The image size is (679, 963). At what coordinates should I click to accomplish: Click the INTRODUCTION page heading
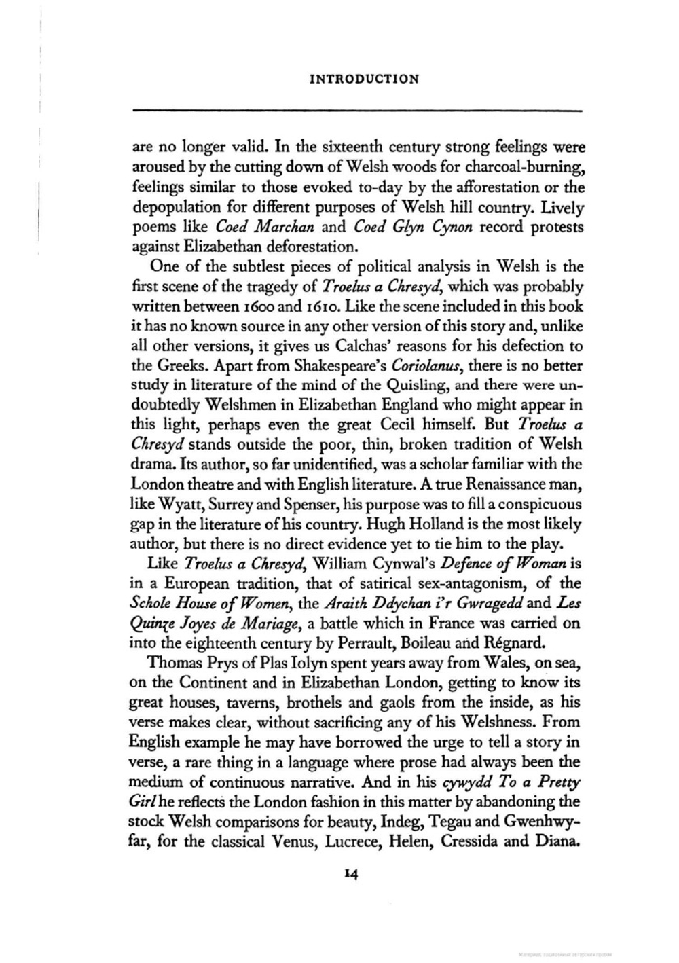pyautogui.click(x=364, y=79)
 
